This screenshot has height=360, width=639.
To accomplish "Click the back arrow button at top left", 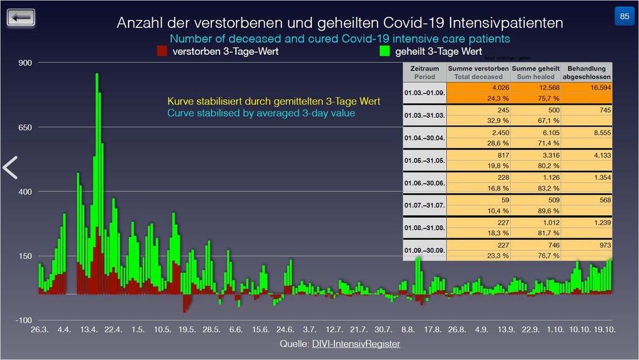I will [x=21, y=17].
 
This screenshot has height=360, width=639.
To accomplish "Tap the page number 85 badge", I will [x=624, y=16].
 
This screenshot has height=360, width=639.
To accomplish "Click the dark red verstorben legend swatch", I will [x=163, y=52].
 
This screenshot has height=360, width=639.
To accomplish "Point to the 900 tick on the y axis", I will [x=25, y=63].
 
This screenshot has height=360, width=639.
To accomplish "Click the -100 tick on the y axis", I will [x=24, y=320].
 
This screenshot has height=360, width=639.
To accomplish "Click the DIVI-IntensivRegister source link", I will [x=356, y=344].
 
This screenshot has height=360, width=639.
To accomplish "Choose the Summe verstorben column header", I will [x=479, y=72].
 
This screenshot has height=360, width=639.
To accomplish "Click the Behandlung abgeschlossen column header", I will [x=587, y=72].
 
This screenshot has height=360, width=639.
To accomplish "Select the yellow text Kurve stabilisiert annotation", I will [x=273, y=101].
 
